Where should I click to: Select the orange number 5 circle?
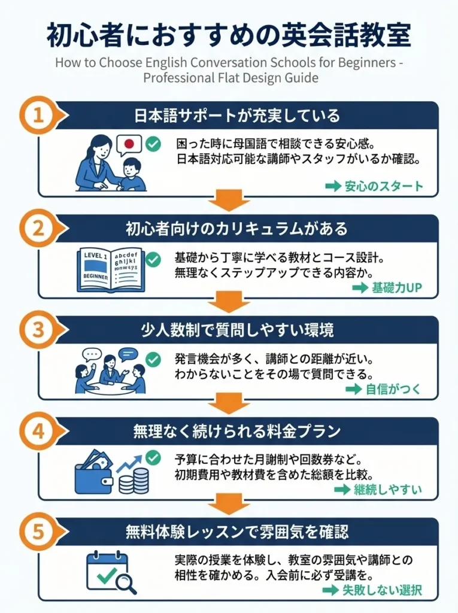pyautogui.click(x=38, y=531)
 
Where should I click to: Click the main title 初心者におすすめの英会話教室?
pyautogui.click(x=229, y=35)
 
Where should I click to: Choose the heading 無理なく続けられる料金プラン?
pyautogui.click(x=237, y=432)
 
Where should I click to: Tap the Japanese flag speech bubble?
pyautogui.click(x=129, y=145)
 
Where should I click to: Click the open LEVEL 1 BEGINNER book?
pyautogui.click(x=111, y=269)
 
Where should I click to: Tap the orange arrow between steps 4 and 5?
pyautogui.click(x=229, y=503)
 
